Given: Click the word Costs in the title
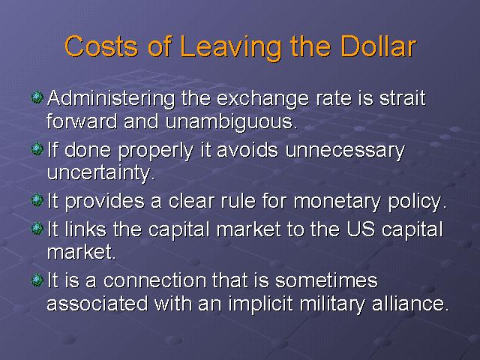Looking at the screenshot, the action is tap(101, 46).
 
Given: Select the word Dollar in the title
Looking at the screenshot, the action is tap(378, 46).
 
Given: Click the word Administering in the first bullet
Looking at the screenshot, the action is tap(112, 98).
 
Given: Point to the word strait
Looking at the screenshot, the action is tap(403, 98).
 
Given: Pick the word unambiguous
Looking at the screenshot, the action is tap(232, 121).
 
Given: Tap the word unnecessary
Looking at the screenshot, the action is tap(345, 151).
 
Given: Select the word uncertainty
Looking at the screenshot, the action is tap(101, 172).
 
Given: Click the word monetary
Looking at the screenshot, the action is tap(337, 202).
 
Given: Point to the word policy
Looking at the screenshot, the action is tap(418, 201).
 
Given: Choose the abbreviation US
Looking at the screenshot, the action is tap(361, 229).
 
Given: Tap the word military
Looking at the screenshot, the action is tap(332, 304).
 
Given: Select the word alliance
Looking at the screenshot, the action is tap(410, 303).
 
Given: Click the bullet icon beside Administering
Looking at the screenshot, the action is tap(37, 97).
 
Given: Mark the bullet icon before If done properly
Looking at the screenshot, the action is tap(37, 149).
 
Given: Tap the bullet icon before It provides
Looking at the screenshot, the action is tap(37, 200).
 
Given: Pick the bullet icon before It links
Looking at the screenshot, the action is tap(37, 228).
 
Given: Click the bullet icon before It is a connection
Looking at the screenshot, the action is tap(37, 280).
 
